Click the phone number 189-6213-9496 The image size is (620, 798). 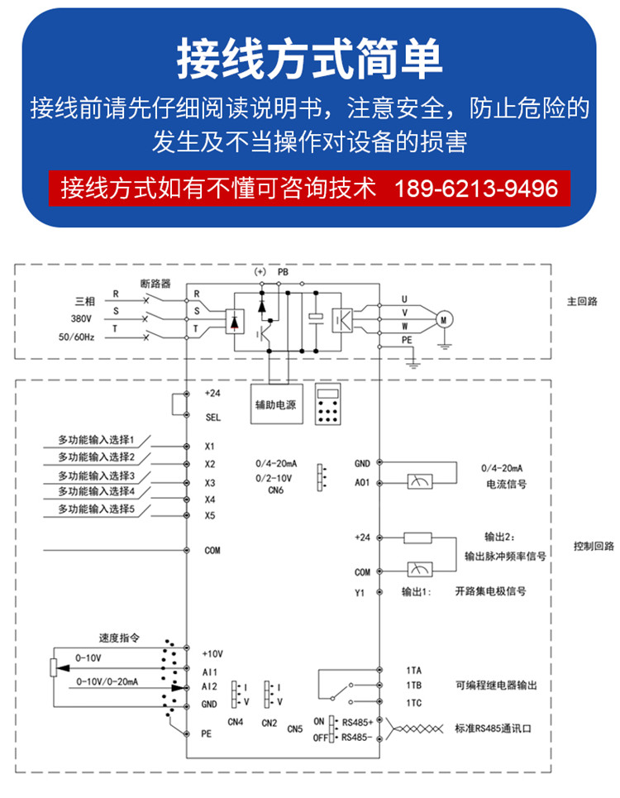coord(476,189)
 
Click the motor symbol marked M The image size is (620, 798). coord(444,319)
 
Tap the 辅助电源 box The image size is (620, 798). coord(277,404)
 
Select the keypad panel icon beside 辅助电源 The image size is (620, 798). coord(327,404)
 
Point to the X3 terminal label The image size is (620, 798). coord(210,482)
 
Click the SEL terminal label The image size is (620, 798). coord(213,418)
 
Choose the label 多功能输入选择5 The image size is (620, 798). coord(96,509)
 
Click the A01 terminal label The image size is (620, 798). coord(362,482)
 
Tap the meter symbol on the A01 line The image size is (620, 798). coord(420,481)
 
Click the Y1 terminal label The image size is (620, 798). coord(360,593)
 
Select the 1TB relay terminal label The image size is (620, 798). coord(414,686)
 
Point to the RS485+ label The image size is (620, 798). coord(358,722)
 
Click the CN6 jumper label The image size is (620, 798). coord(275,490)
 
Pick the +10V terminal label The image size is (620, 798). coord(212,654)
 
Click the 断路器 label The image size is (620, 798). coord(155,284)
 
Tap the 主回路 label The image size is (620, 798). coord(582,301)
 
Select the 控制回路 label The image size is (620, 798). coord(594,546)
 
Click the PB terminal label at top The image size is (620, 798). coord(283,272)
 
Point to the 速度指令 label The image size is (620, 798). coord(119,638)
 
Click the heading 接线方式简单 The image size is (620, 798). coord(309,59)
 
